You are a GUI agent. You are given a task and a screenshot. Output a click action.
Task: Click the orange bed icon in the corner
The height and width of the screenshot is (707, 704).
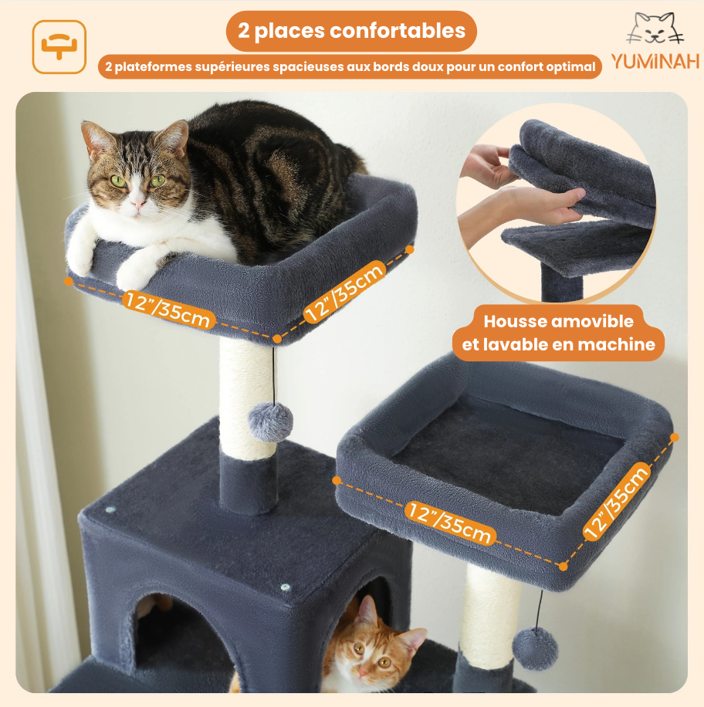click(59, 46)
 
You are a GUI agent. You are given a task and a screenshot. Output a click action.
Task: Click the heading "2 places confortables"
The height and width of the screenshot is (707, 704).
click(351, 31)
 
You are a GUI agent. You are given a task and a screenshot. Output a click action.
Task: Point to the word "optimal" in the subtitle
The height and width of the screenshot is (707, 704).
click(573, 67)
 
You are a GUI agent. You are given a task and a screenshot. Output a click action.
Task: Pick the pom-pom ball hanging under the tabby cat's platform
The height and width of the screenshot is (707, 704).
click(271, 421)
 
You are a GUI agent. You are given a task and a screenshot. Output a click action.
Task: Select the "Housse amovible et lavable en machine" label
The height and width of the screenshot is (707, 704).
click(559, 333)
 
